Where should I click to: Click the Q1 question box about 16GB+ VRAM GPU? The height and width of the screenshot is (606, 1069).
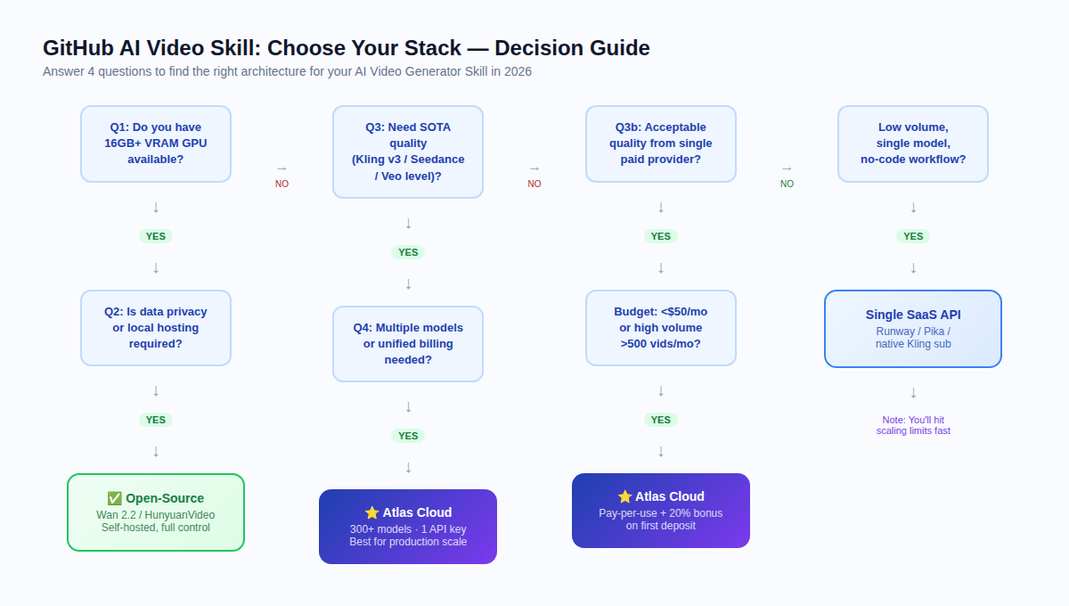[x=156, y=143]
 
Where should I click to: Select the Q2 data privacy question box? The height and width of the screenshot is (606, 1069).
[x=156, y=327]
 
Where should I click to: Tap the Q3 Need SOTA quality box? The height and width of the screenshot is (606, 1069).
[x=408, y=151]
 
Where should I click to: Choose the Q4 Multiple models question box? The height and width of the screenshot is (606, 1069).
[x=408, y=343]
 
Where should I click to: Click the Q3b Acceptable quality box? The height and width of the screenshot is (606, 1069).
[x=660, y=143]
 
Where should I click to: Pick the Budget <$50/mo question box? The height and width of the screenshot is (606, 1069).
[x=660, y=327]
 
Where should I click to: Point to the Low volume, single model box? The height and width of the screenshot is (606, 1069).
[x=912, y=143]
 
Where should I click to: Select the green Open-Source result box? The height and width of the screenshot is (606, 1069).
[x=156, y=512]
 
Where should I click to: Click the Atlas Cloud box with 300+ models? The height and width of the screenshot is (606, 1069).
[x=408, y=527]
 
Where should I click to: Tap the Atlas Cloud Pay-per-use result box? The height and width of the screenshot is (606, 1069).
[x=660, y=511]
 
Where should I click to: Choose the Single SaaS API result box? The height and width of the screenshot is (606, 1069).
[x=912, y=328]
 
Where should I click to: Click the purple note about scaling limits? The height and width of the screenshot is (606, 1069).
[x=912, y=425]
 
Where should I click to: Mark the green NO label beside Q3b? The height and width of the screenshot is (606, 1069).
[x=787, y=184]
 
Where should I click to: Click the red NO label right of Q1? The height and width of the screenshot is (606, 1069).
[x=282, y=184]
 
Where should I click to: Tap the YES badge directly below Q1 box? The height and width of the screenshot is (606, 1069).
[x=156, y=236]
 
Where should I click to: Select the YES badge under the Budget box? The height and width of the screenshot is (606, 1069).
[x=660, y=420]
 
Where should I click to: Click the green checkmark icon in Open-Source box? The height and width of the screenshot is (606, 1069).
[x=114, y=498]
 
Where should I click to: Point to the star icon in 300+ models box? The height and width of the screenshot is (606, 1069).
[x=371, y=512]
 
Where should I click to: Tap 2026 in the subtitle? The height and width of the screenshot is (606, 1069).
[x=518, y=71]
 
